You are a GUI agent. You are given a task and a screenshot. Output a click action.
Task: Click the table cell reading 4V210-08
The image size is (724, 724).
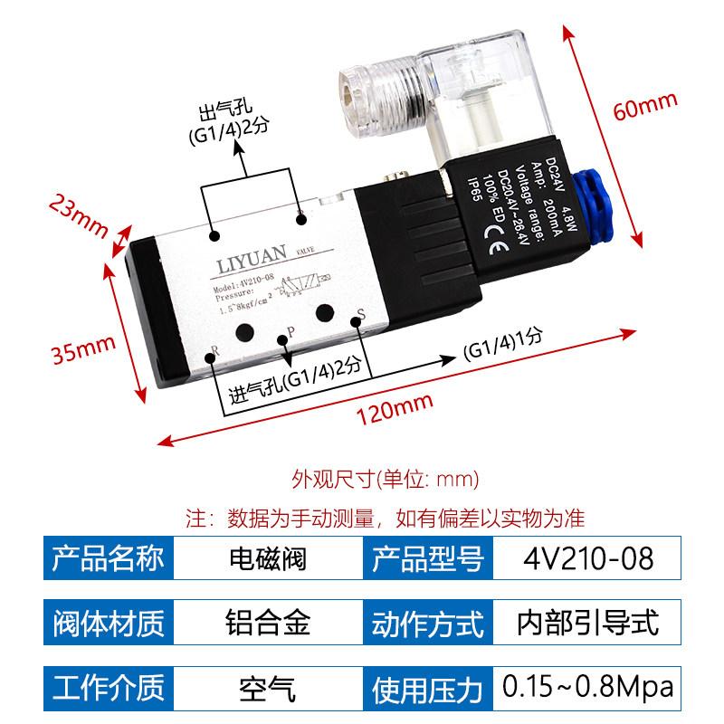click(587, 557)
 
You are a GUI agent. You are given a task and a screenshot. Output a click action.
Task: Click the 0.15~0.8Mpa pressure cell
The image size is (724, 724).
click(587, 687)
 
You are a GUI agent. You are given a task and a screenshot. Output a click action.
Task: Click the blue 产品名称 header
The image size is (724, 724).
click(109, 557)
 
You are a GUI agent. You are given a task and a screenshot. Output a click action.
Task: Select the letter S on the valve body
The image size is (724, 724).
click(361, 315)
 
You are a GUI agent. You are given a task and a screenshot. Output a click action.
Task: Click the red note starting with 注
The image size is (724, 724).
click(386, 519)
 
